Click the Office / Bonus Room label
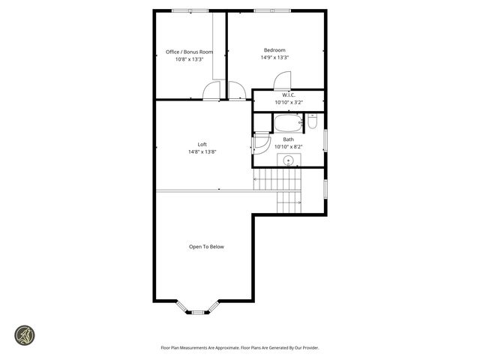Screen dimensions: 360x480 [x=189, y=52]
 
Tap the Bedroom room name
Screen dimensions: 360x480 [x=275, y=49]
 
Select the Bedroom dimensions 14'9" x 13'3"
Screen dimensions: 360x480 [x=275, y=58]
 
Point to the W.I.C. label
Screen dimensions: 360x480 [x=289, y=95]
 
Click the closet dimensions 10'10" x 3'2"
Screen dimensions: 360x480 [x=289, y=103]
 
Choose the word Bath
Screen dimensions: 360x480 [x=288, y=139]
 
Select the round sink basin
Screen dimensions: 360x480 [x=288, y=159]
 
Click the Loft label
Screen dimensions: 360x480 [x=202, y=144]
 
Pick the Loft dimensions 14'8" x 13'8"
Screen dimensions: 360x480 [x=202, y=152]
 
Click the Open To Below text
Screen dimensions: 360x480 [x=206, y=247]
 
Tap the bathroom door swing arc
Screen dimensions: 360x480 [x=261, y=142]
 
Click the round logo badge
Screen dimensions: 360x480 [x=26, y=334]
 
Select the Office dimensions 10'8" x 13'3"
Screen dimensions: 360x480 [x=189, y=60]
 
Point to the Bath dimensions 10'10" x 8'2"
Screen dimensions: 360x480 [x=288, y=147]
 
